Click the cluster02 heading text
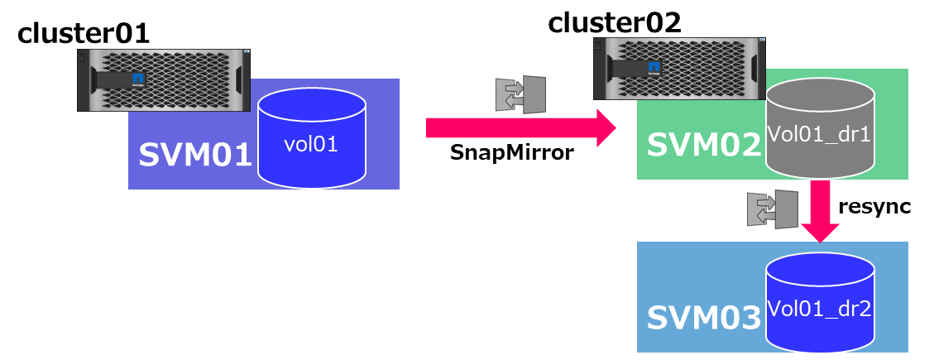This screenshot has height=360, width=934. pos(615,22)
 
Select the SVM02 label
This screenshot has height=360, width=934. pos(703,145)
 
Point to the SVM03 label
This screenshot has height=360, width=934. pos(703,318)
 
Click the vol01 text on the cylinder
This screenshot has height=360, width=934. pos(311,145)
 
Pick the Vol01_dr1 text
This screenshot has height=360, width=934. pos(819,134)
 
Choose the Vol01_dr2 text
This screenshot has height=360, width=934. pos(819,308)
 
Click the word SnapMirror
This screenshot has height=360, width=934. pos(511,153)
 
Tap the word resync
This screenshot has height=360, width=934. pos(874,207)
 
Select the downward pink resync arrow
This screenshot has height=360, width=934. pos(821,211)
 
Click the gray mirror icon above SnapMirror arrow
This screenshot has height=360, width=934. pos(520,94)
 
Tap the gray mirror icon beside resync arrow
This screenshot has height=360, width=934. pos(771,209)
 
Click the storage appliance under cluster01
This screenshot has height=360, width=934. pos(164,80)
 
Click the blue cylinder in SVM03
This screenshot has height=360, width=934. pos(819,302)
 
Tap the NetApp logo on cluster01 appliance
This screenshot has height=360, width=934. pos(137,81)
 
